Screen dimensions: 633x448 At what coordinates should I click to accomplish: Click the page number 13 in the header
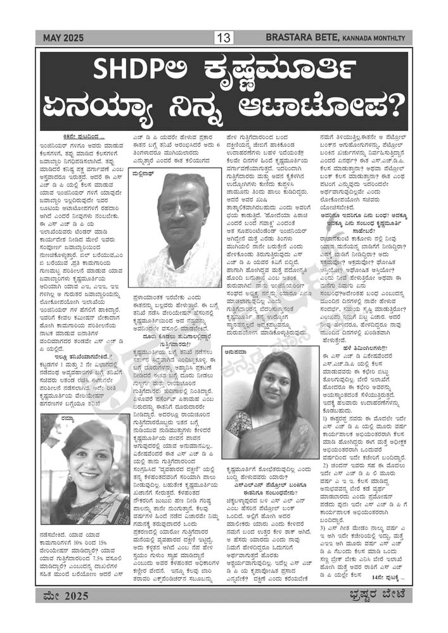coord(224,39)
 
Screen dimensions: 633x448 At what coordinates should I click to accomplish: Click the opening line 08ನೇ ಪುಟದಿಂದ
coord(82,137)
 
